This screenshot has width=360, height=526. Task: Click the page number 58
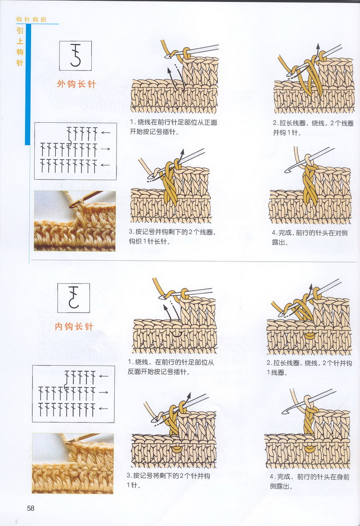(x=31, y=508)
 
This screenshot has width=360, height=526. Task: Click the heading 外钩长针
(x=76, y=84)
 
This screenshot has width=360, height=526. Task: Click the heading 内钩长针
(x=74, y=326)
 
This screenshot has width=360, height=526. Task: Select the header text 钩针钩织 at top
(x=31, y=20)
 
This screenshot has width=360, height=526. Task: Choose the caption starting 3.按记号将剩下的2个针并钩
(x=169, y=480)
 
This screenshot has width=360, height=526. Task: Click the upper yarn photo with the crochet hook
(x=75, y=221)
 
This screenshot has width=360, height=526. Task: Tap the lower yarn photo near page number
(x=73, y=463)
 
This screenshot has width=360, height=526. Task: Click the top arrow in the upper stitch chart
(x=106, y=133)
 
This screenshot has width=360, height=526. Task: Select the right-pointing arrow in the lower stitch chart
(x=103, y=392)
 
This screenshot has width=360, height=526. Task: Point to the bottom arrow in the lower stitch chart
(x=103, y=408)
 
